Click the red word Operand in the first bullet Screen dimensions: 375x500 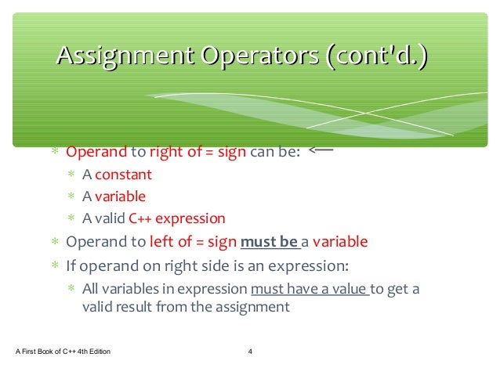96,152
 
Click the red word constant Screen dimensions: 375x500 123,175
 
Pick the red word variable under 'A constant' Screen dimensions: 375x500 120,197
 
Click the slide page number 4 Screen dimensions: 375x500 249,351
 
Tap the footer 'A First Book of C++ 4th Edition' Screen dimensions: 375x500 63,351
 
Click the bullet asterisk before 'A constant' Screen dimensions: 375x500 71,175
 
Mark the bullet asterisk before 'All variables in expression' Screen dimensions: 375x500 71,290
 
